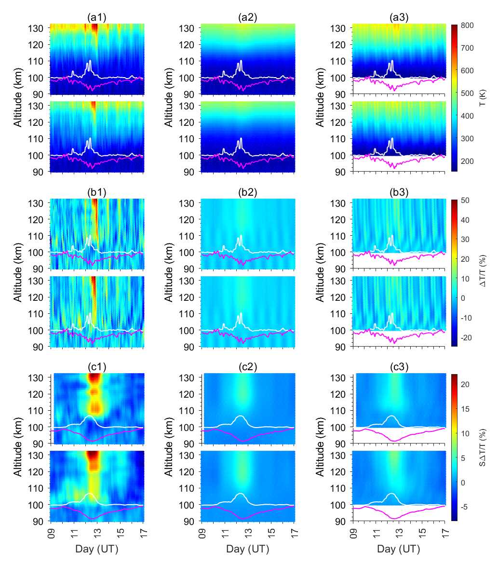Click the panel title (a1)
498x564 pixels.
point(96,18)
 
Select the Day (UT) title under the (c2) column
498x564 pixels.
point(248,550)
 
